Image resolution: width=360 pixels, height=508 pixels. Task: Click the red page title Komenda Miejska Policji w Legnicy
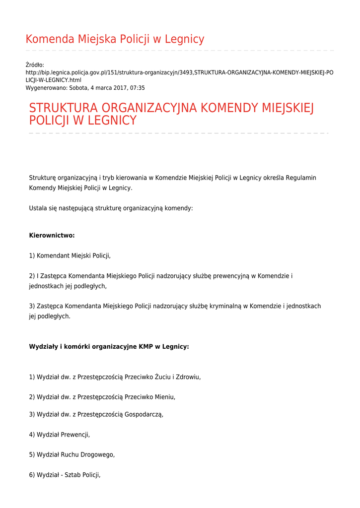115,39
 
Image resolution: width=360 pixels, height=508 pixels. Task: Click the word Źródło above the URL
35,65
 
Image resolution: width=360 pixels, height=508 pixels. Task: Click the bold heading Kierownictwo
52,235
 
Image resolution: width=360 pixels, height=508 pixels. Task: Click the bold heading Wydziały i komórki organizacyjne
109,347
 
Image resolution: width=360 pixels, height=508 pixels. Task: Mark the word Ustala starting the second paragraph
38,208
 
